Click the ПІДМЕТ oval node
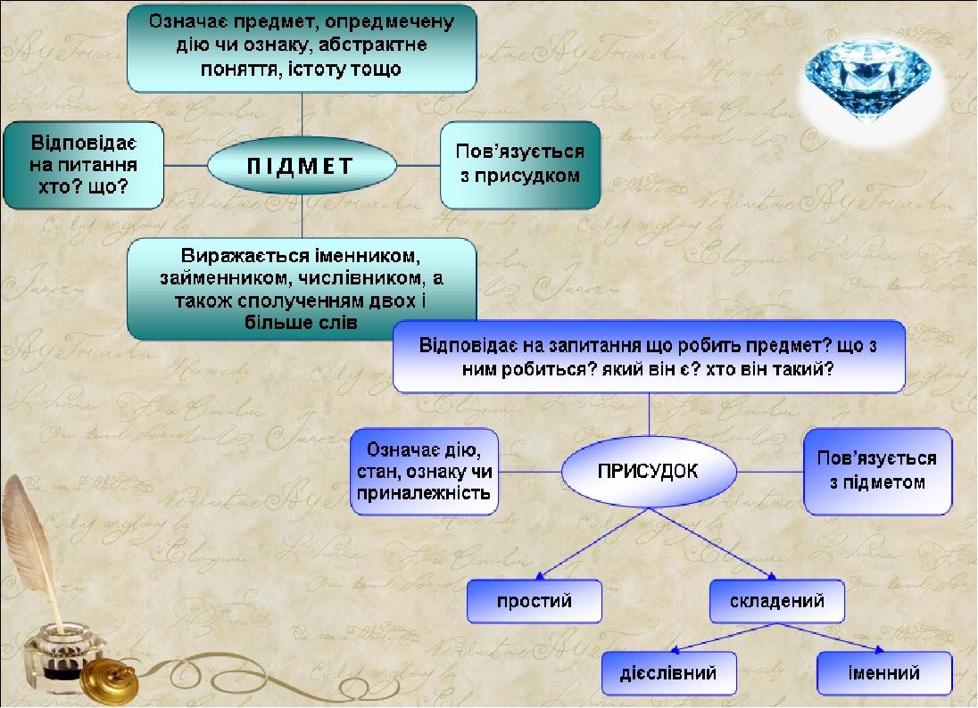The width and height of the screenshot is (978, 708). [302, 166]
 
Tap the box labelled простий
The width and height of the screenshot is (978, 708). [535, 601]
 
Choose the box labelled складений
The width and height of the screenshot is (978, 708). [778, 601]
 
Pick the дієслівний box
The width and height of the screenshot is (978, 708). [669, 671]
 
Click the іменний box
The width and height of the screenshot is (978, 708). [883, 671]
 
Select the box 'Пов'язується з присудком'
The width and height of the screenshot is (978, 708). [520, 164]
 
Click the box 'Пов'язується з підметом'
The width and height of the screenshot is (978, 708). [876, 470]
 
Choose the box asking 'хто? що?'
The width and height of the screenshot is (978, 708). [83, 165]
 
